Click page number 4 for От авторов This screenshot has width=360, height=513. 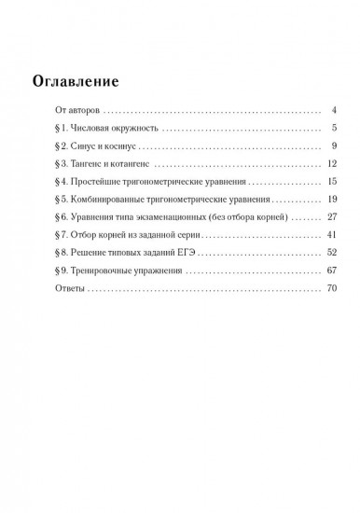(332, 110)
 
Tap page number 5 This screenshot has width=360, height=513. (332, 128)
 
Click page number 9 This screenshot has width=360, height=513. (332, 146)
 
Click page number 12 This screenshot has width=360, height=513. (329, 164)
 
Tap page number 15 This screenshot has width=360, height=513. (329, 183)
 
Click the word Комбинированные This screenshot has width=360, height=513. (109, 201)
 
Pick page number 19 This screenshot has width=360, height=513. (329, 201)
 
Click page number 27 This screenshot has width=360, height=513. (329, 218)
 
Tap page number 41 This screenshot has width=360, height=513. (329, 237)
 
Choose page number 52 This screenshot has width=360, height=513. (329, 255)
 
